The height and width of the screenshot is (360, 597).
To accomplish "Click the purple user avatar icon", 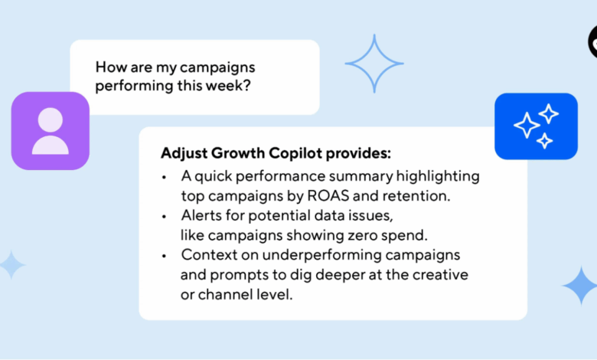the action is pyautogui.click(x=51, y=131).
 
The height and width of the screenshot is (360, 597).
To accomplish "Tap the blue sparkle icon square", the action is pyautogui.click(x=536, y=126).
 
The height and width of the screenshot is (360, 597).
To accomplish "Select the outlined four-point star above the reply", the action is pyautogui.click(x=374, y=64).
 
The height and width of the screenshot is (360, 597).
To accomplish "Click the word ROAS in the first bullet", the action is pyautogui.click(x=328, y=196).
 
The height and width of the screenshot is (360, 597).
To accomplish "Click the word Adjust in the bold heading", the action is pyautogui.click(x=184, y=153).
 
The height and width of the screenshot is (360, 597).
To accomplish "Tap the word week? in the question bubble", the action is pyautogui.click(x=228, y=85).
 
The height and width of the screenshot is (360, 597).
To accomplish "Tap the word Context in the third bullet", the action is pyautogui.click(x=209, y=255).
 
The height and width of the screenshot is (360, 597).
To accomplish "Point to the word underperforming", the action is pyautogui.click(x=321, y=255).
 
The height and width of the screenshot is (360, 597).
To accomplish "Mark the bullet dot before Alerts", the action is pyautogui.click(x=164, y=217).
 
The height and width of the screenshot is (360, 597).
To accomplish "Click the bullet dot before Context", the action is pyautogui.click(x=164, y=256).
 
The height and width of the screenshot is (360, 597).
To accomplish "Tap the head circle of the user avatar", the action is pyautogui.click(x=51, y=119).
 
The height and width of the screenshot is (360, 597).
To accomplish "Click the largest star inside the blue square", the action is pyautogui.click(x=527, y=126).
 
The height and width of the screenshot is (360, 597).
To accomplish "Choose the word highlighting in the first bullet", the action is pyautogui.click(x=438, y=177).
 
